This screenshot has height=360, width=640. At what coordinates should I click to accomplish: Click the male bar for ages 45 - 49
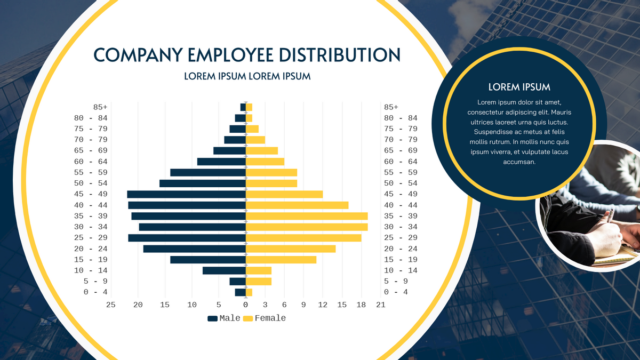pos(186,194)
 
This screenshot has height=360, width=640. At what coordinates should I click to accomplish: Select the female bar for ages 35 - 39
pos(307,216)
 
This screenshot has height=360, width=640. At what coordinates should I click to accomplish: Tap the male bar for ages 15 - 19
pos(208,260)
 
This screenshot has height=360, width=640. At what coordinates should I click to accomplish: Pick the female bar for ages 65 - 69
pos(262,150)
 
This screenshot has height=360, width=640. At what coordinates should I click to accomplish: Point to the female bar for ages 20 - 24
pos(291,249)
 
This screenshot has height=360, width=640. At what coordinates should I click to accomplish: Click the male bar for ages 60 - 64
pos(221,162)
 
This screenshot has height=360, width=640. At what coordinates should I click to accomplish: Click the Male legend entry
pos(224,318)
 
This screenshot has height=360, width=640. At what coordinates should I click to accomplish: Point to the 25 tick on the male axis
pos(111,305)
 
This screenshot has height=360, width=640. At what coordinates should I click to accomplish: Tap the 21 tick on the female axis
pos(380,305)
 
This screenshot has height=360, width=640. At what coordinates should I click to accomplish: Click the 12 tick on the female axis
pos(323,305)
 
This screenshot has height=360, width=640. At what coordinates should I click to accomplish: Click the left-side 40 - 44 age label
pos(91,205)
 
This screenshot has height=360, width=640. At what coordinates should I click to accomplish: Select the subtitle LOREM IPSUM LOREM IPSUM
pos(247,76)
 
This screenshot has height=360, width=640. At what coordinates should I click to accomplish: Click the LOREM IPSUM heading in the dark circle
pos(519,87)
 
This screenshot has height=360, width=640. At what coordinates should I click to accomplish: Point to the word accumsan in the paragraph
pos(519,162)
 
